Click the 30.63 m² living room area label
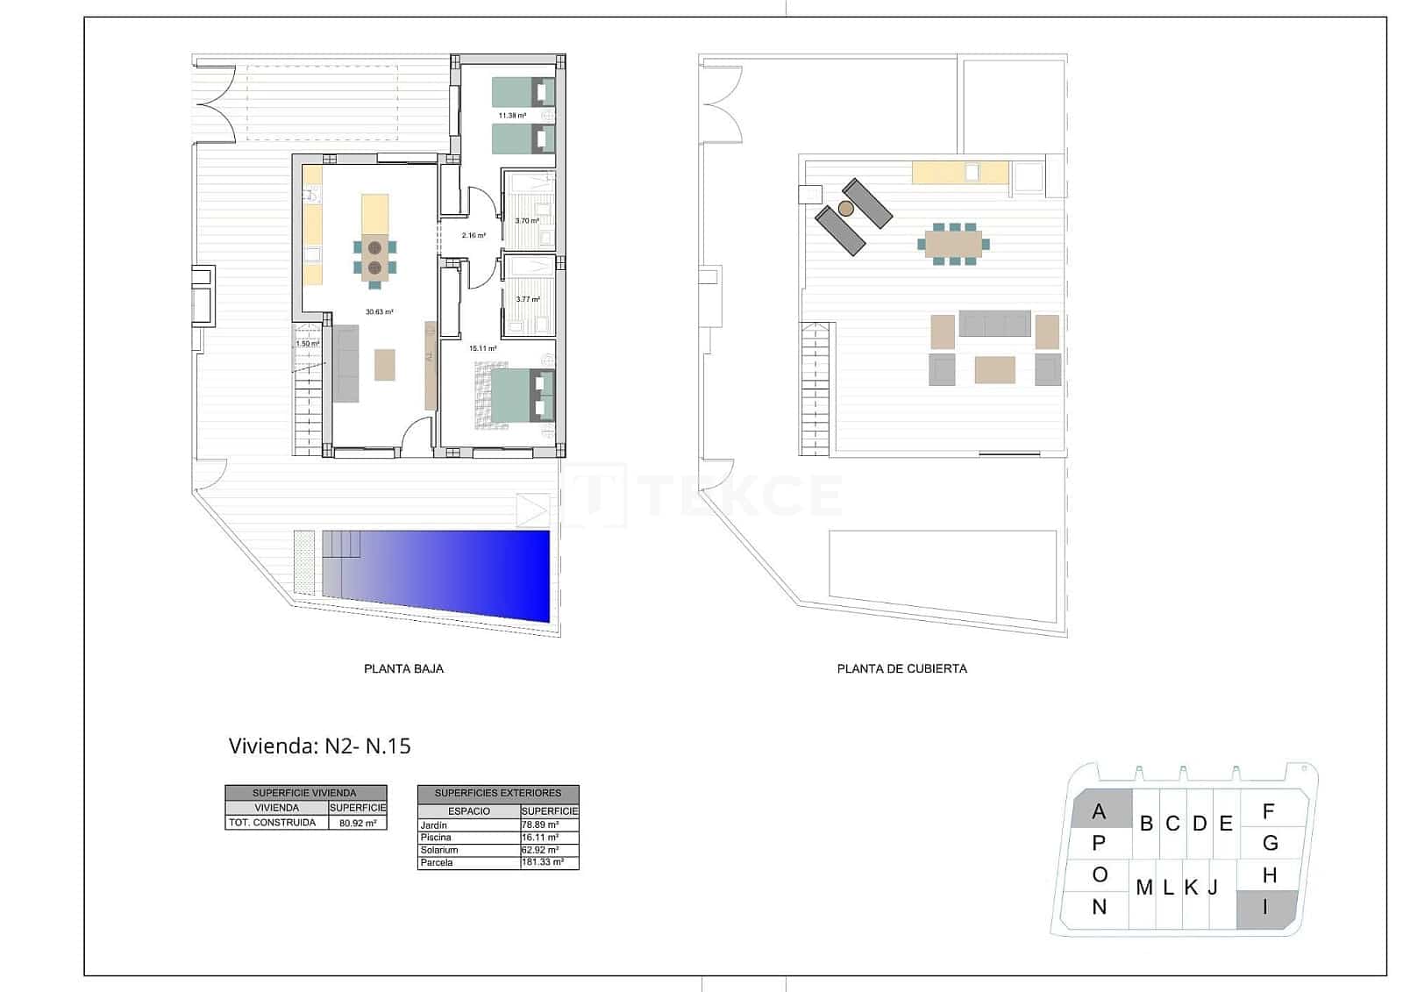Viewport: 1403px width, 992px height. tap(379, 311)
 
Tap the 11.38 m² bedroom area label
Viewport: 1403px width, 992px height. tap(512, 115)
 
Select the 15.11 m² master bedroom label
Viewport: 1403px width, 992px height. tap(482, 348)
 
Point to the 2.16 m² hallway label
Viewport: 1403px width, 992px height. tap(474, 235)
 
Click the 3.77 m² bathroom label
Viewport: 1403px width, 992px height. tap(528, 299)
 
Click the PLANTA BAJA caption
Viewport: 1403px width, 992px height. tap(403, 668)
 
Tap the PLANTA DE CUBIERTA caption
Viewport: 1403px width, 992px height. tap(901, 668)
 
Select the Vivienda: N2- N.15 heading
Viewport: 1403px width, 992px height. tap(319, 746)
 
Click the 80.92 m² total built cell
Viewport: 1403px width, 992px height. tap(357, 824)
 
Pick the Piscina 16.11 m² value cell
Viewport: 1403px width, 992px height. tap(549, 838)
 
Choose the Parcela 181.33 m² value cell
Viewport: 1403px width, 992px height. tap(549, 862)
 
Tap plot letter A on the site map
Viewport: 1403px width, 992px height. tap(1099, 812)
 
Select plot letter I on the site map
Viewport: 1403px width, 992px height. tap(1265, 908)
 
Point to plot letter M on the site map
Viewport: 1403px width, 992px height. tap(1143, 888)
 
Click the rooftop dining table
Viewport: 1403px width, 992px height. tap(953, 243)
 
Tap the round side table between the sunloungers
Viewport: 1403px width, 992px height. tap(845, 209)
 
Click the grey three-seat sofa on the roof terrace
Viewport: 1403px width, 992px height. tap(994, 324)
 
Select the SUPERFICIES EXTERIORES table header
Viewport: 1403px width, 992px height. tap(497, 793)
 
